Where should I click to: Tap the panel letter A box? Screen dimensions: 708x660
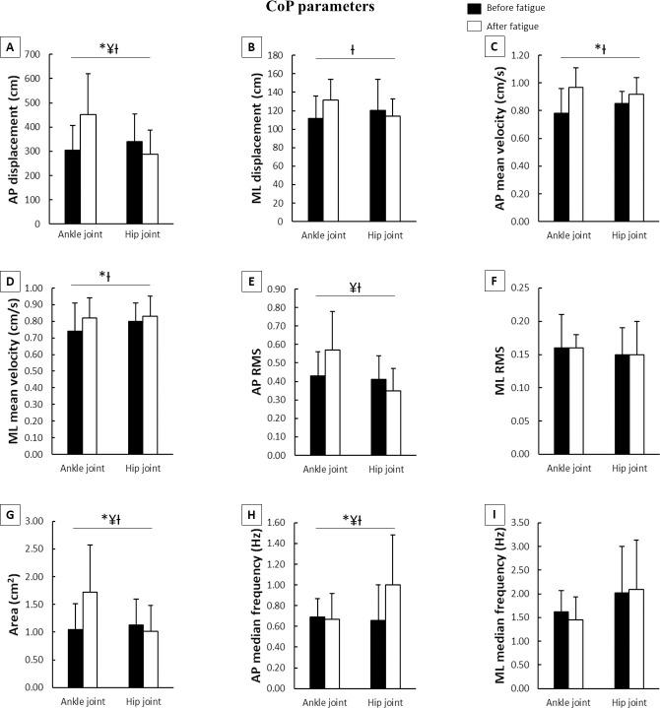[11, 46]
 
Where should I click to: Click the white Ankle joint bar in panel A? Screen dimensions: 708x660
[88, 169]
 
